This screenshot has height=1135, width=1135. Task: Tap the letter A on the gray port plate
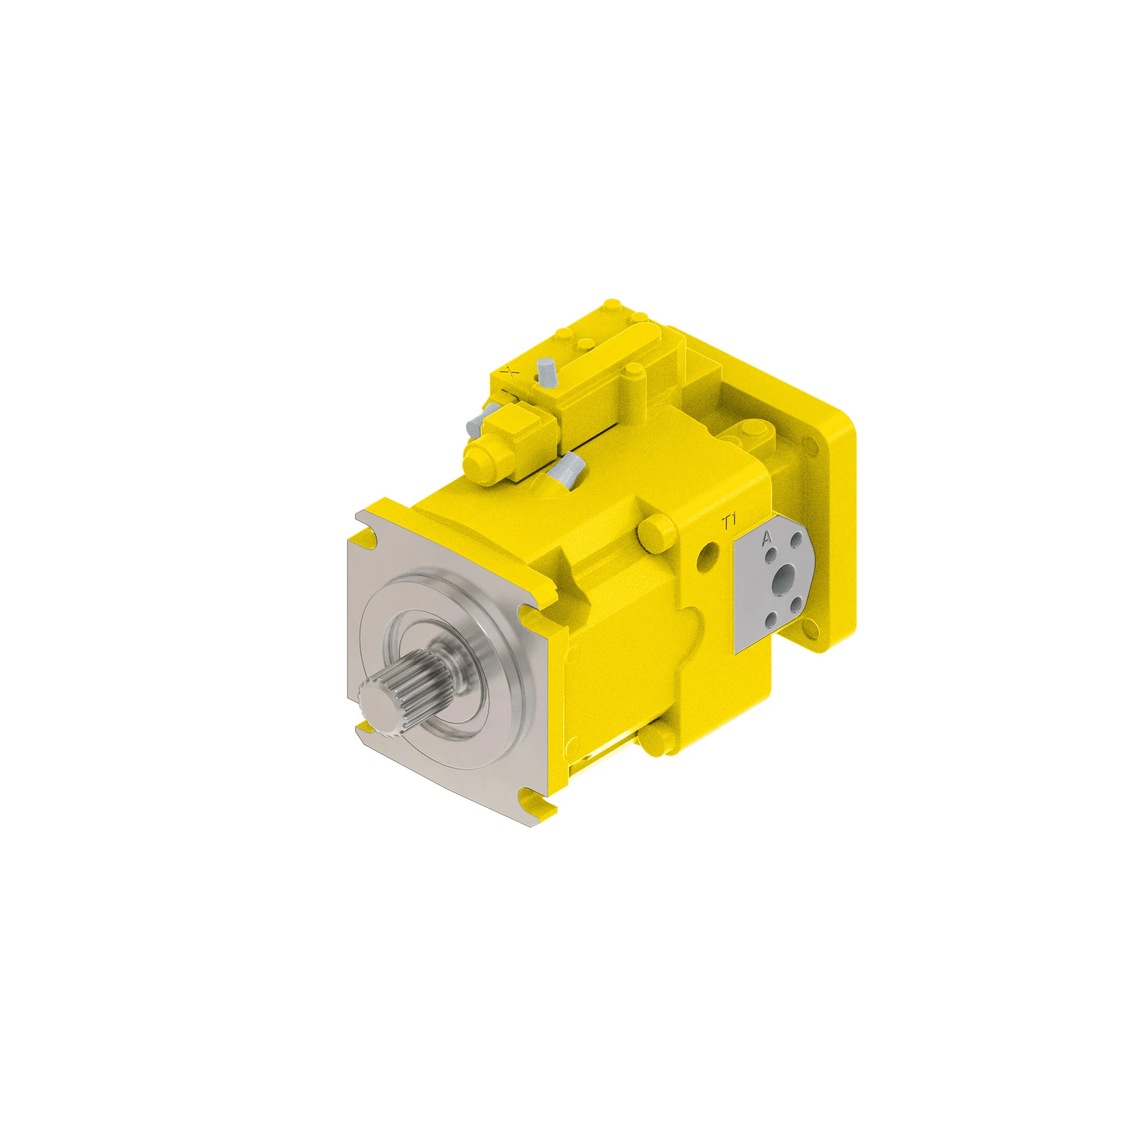point(766,538)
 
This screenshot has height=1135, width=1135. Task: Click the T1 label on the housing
point(730,521)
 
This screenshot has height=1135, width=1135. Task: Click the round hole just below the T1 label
point(707,556)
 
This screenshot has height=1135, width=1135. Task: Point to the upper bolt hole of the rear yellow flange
point(813,448)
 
